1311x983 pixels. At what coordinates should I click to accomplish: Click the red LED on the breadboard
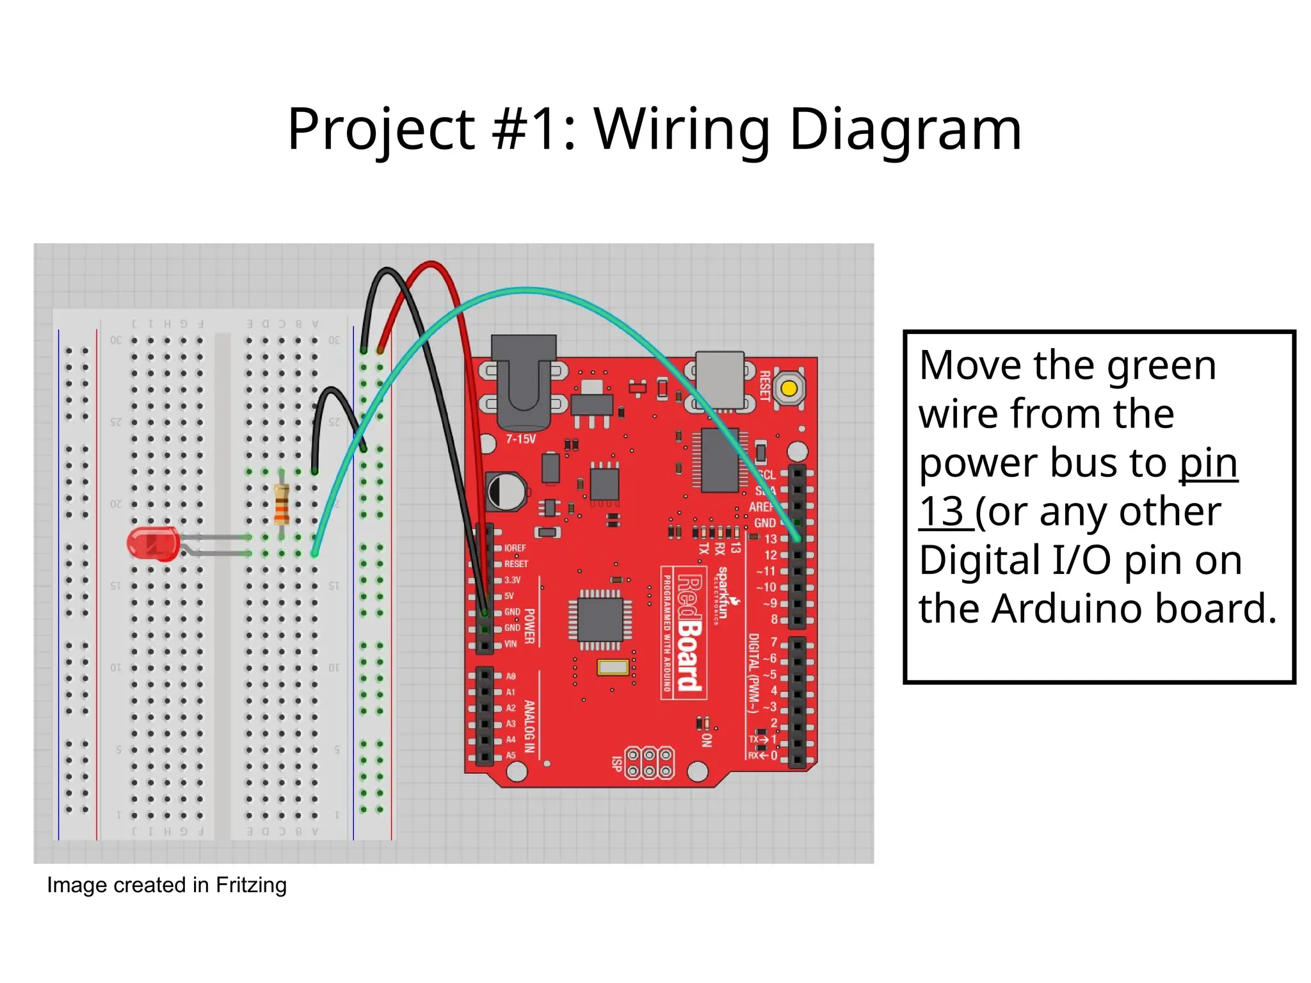[x=152, y=544]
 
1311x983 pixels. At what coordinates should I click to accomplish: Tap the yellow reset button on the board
[x=789, y=388]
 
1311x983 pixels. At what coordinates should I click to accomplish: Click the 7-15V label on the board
[x=520, y=439]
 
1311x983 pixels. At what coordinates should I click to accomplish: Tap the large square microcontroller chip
[x=600, y=619]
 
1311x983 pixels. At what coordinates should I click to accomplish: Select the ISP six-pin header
[x=649, y=762]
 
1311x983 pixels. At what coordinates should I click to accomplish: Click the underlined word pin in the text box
[x=1208, y=463]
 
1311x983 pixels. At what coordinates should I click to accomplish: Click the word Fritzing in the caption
[x=251, y=885]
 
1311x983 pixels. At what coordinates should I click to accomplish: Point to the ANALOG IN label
[x=529, y=726]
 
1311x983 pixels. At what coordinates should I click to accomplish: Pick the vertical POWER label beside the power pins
[x=529, y=626]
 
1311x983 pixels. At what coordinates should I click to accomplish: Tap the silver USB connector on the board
[x=720, y=380]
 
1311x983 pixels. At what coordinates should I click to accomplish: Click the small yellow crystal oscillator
[x=613, y=667]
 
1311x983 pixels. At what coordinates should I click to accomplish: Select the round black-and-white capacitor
[x=505, y=492]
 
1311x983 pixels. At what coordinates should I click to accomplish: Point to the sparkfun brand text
[x=722, y=593]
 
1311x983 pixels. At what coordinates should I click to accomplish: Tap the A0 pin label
[x=511, y=676]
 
